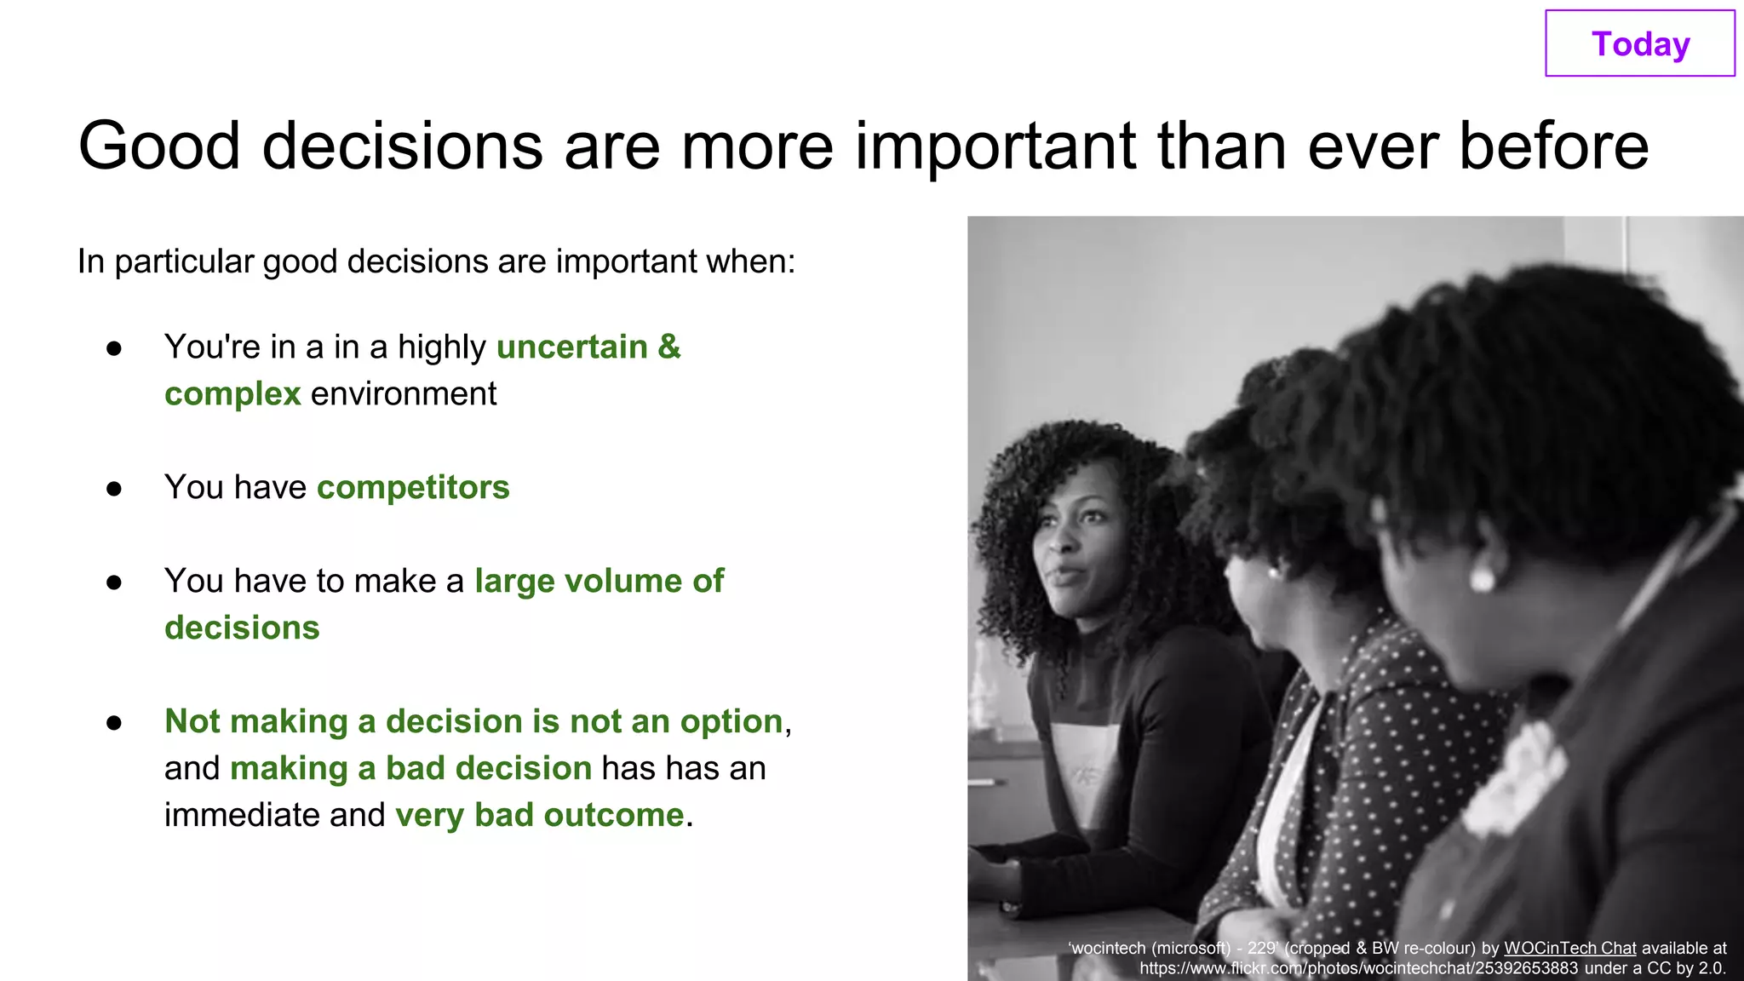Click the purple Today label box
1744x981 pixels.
pos(1639,43)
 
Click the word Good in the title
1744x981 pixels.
pos(159,146)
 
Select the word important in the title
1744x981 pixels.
pos(995,146)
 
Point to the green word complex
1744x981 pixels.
pos(232,394)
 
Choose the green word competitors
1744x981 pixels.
pos(413,488)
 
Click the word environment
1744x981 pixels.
pos(403,394)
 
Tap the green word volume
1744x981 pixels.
pos(623,582)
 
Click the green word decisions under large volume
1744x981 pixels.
pos(242,628)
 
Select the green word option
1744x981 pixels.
pos(731,722)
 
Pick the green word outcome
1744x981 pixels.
pos(613,816)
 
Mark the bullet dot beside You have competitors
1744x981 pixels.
pos(114,489)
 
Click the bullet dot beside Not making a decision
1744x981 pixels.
pos(114,723)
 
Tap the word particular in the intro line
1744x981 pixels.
pos(184,261)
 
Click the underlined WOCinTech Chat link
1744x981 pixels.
pos(1569,948)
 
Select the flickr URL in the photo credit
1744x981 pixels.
pos(1358,968)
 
